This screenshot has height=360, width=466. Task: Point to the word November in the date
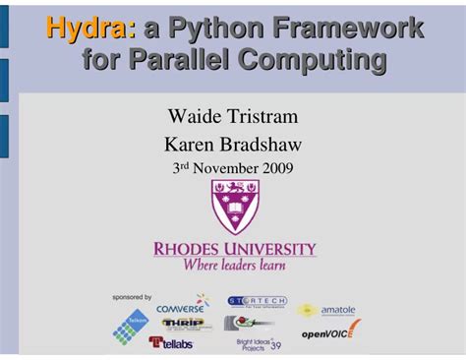click(x=222, y=168)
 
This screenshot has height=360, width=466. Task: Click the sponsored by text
click(x=132, y=297)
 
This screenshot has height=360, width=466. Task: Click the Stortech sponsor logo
click(x=258, y=302)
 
